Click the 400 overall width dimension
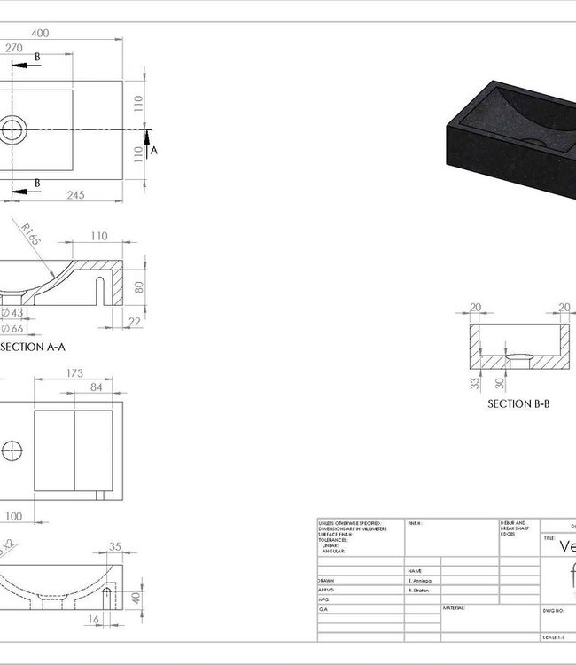(x=40, y=33)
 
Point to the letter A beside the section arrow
(x=154, y=151)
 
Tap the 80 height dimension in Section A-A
(x=139, y=287)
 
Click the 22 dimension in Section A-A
(x=134, y=321)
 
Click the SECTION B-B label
(x=518, y=403)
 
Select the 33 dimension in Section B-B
(x=475, y=383)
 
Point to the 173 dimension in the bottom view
(x=74, y=374)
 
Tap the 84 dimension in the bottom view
(x=96, y=387)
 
